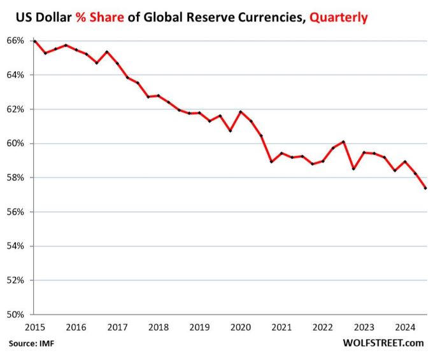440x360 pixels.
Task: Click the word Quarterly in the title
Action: (339, 18)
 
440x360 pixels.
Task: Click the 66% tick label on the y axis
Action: (16, 41)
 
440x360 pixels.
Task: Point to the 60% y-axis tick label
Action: (16, 143)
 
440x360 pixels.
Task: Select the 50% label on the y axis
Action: (16, 314)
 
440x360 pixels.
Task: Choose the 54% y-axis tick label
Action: (16, 246)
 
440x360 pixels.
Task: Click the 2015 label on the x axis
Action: (35, 328)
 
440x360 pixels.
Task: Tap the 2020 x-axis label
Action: (241, 328)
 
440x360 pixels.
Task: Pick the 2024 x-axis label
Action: (405, 328)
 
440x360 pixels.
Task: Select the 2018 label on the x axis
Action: (159, 328)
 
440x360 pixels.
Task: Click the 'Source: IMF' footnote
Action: (31, 343)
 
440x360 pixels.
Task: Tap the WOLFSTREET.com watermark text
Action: (383, 343)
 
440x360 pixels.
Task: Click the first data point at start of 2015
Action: (35, 41)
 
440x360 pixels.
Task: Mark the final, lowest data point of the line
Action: (425, 188)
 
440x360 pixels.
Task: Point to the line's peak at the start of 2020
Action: (240, 112)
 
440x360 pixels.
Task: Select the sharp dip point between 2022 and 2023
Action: (353, 169)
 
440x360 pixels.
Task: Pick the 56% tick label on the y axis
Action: (16, 212)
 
